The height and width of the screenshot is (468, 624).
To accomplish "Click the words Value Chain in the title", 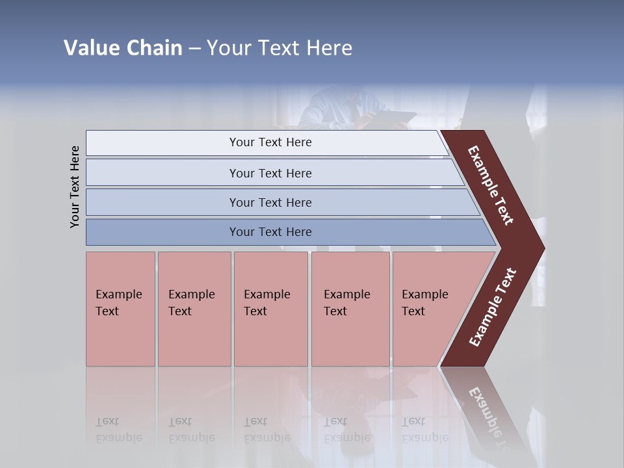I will coord(123,47).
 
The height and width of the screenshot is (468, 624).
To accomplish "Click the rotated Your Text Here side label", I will coord(75,187).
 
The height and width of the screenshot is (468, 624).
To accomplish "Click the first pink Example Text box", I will coord(120,309).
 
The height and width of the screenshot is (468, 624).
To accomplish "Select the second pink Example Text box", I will coord(194,309).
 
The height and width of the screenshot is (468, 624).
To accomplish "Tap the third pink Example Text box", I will coord(270,309).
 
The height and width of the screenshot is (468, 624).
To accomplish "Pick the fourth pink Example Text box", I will coord(350,309).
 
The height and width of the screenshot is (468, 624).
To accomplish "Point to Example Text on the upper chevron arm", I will coord(491,185).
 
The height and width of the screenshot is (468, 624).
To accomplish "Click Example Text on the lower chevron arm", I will coord(493,307).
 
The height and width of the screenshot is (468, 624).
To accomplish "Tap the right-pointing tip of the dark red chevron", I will coord(541,248).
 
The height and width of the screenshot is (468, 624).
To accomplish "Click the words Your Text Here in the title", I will coord(279,47).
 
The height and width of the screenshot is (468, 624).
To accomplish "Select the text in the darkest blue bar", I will coord(270,232).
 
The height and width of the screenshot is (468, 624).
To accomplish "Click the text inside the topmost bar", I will coord(270,142).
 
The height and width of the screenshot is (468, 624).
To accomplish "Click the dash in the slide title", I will coord(194,48).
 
